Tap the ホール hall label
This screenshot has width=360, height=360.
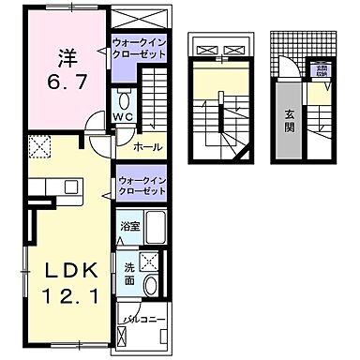click(x=144, y=148)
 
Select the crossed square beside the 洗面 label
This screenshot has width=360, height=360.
click(x=146, y=262)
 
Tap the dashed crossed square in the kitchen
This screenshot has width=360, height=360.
click(x=38, y=146)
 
